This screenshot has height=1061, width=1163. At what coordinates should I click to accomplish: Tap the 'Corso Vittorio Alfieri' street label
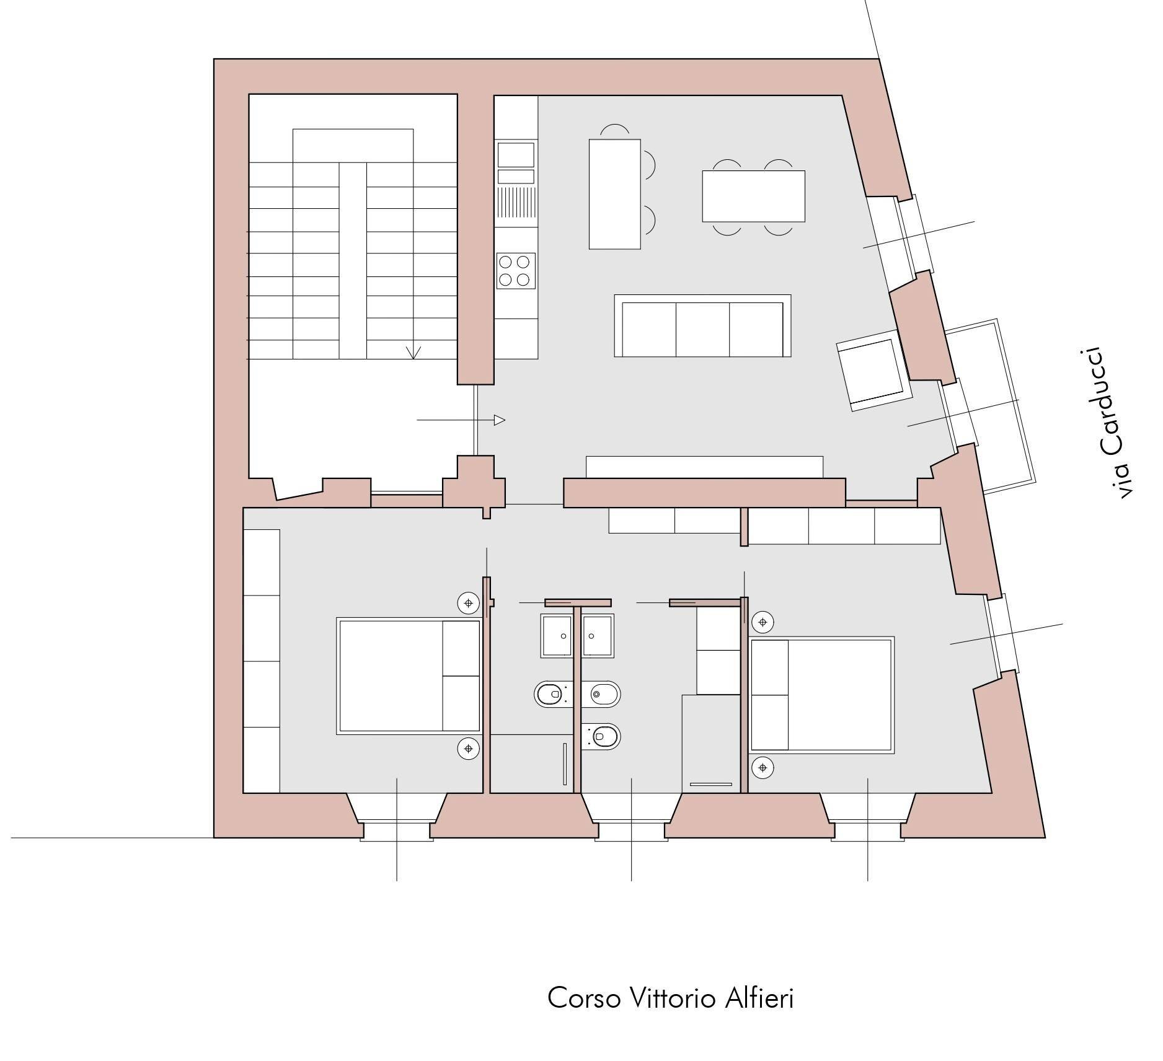(x=671, y=998)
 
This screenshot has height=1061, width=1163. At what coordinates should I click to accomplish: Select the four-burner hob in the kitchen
(x=516, y=271)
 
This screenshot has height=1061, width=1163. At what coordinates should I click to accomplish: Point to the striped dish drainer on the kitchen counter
(x=516, y=203)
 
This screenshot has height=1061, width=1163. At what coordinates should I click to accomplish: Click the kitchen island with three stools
(x=614, y=194)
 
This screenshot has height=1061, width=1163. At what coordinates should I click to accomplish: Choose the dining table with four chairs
(x=753, y=196)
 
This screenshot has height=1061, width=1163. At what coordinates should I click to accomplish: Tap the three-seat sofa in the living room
(x=702, y=326)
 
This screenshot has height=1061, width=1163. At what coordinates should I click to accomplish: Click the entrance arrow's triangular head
(x=500, y=420)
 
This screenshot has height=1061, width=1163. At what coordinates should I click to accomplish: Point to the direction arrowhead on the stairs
(x=413, y=353)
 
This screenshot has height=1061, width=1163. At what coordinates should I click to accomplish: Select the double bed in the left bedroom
(x=409, y=676)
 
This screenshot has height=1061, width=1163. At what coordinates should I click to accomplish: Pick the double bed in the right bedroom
(x=822, y=695)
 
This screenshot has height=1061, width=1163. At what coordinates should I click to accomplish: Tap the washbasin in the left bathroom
(x=557, y=636)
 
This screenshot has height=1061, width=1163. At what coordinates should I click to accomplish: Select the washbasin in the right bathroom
(x=598, y=636)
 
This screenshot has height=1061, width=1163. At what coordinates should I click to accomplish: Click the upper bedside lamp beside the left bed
(x=469, y=602)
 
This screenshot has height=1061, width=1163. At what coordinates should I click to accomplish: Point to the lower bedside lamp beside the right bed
(x=763, y=768)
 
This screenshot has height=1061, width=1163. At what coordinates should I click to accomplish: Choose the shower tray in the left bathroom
(x=531, y=764)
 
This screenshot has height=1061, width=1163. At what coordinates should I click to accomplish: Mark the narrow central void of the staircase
(x=353, y=260)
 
